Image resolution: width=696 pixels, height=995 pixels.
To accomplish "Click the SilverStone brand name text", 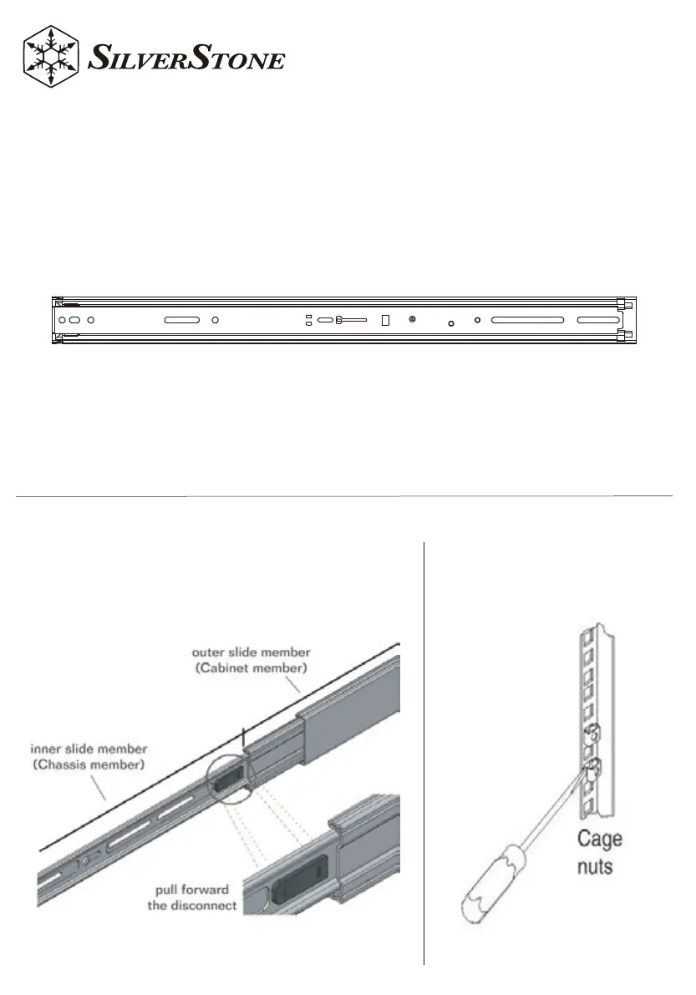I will pyautogui.click(x=186, y=61).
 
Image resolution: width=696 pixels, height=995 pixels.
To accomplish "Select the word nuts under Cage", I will pyautogui.click(x=594, y=866).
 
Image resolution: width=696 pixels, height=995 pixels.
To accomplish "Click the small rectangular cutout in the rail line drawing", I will pyautogui.click(x=385, y=320).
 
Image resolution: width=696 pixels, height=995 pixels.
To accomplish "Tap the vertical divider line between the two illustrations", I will pyautogui.click(x=424, y=752).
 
